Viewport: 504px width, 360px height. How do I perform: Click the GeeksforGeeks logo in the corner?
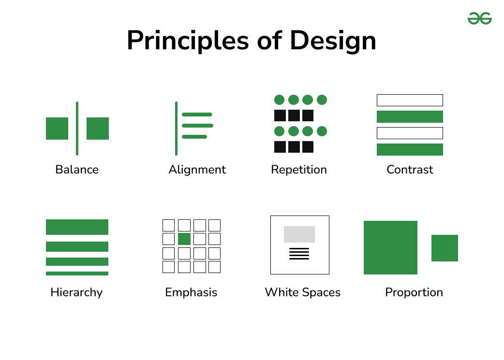[479, 19]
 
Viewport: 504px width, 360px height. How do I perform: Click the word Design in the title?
[333, 41]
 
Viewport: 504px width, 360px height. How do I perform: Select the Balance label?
[77, 170]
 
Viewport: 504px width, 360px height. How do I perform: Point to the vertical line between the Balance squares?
[77, 128]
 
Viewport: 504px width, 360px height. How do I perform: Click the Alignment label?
[197, 170]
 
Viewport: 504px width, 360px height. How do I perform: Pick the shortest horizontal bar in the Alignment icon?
[194, 137]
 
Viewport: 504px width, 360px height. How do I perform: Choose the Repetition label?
[299, 170]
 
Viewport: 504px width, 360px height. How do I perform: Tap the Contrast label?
[410, 170]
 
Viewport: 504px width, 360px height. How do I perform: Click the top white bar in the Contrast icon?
[410, 100]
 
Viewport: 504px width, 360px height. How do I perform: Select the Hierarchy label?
[76, 292]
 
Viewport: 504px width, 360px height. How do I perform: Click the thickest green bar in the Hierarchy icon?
[77, 227]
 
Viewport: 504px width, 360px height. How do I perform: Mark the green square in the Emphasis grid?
[184, 239]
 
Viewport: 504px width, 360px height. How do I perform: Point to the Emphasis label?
[191, 292]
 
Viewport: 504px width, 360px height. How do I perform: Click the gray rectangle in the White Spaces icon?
[299, 234]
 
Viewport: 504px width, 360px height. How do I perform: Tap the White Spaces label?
[303, 292]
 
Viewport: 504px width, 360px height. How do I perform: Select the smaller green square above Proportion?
[445, 248]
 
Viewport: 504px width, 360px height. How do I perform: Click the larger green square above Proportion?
[390, 247]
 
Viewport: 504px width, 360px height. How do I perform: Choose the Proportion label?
[414, 292]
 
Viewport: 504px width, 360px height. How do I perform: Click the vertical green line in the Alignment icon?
[176, 128]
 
